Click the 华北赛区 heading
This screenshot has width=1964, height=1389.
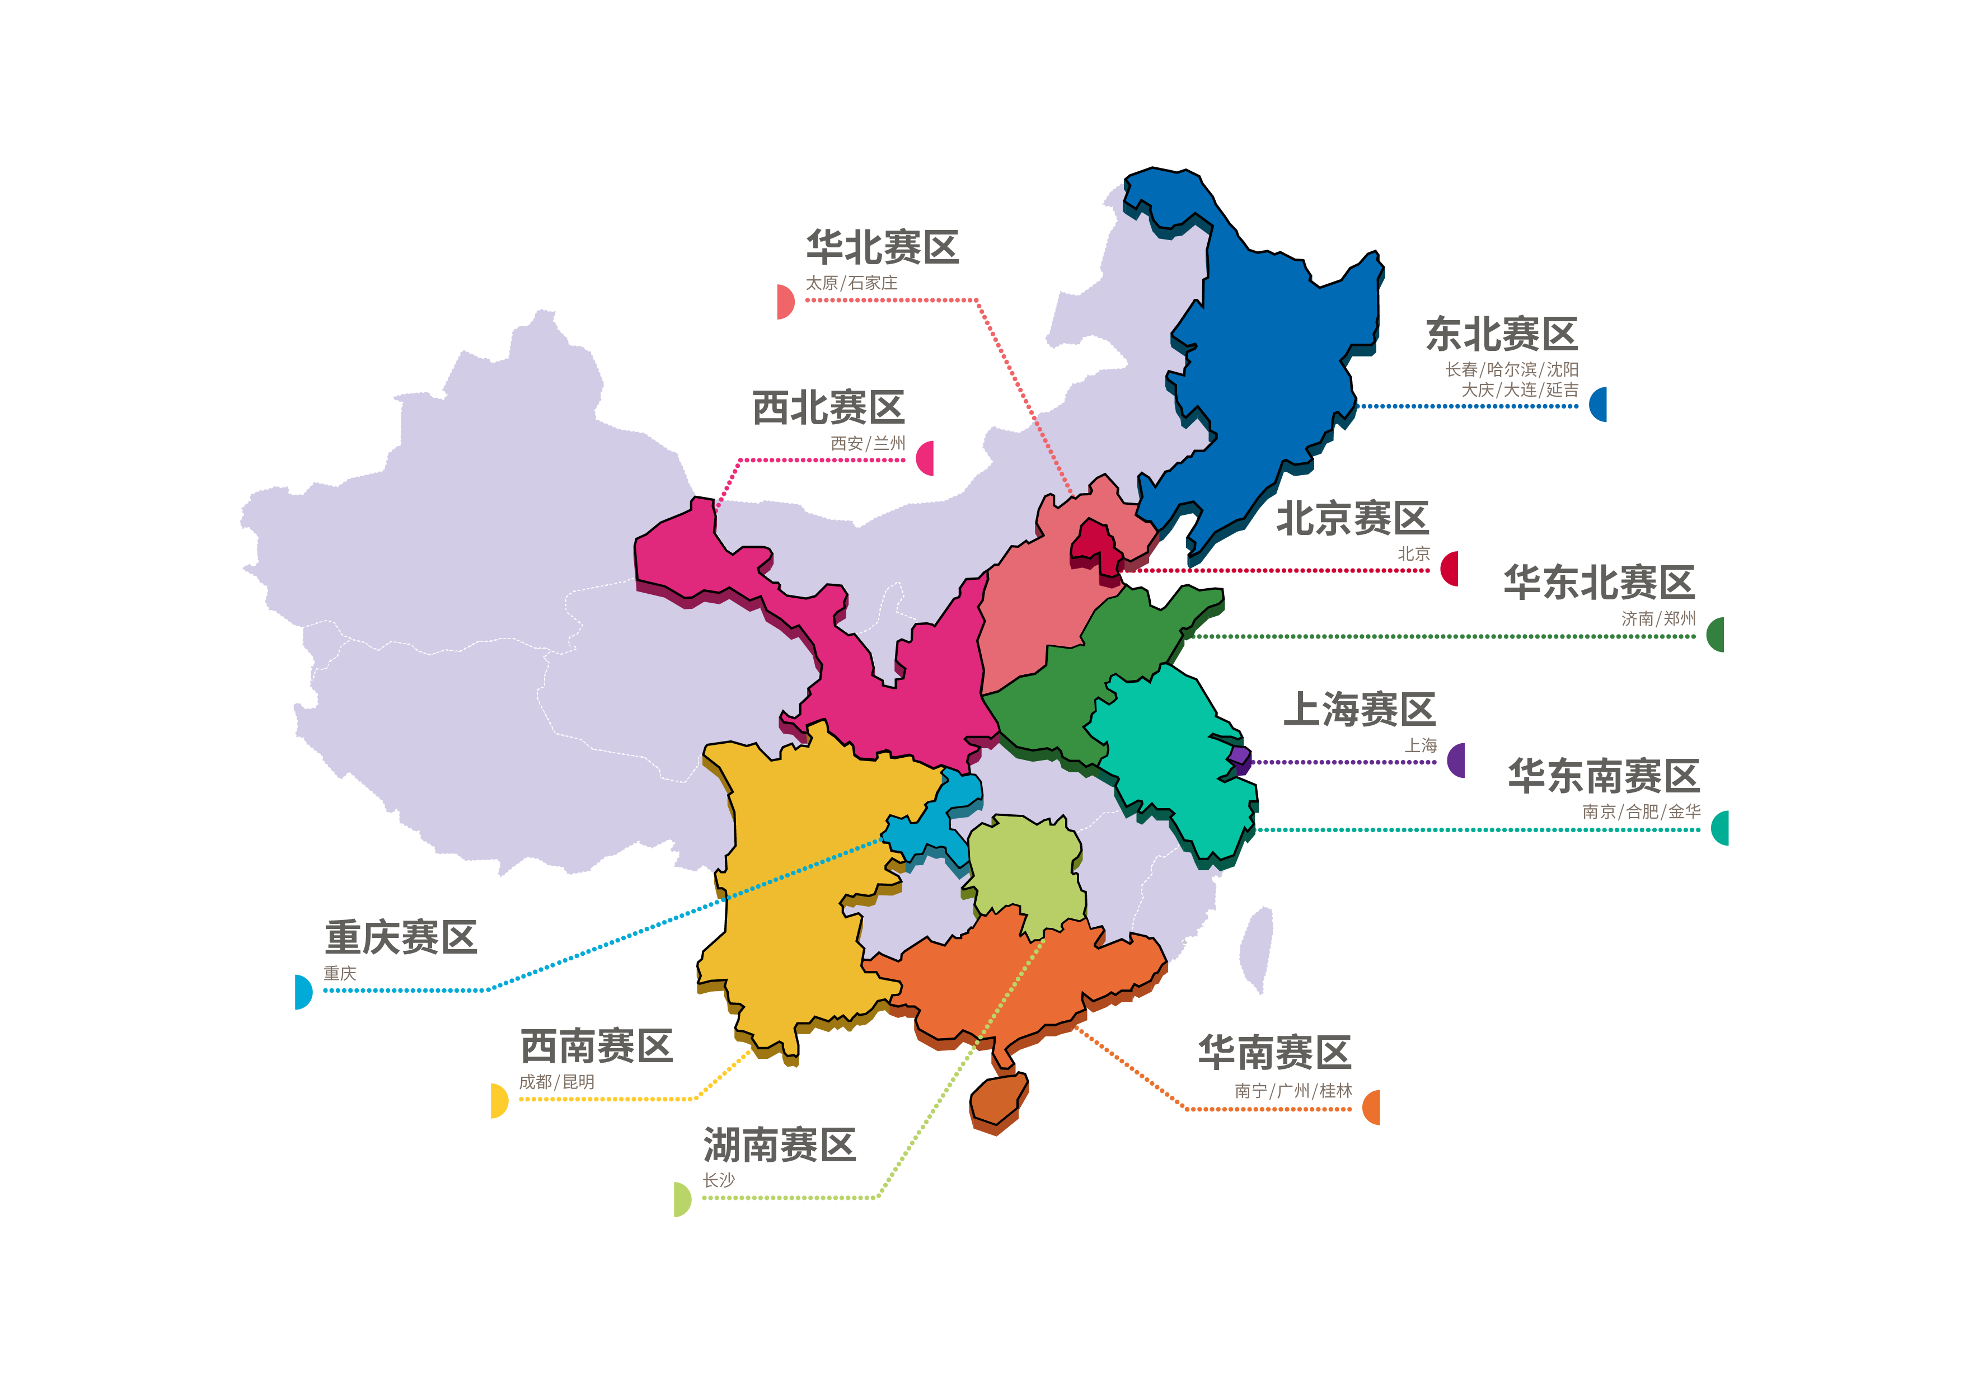pyautogui.click(x=882, y=248)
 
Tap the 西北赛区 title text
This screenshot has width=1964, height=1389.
pyautogui.click(x=828, y=408)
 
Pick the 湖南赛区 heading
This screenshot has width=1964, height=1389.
pyautogui.click(x=779, y=1145)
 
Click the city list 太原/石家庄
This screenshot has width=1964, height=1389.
pyautogui.click(x=851, y=283)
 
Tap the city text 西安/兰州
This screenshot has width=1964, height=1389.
pyautogui.click(x=868, y=444)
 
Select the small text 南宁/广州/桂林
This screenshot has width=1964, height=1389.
pyautogui.click(x=1292, y=1091)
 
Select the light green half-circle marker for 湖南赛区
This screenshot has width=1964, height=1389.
pyautogui.click(x=682, y=1199)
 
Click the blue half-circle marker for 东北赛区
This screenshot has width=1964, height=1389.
pyautogui.click(x=1599, y=403)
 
